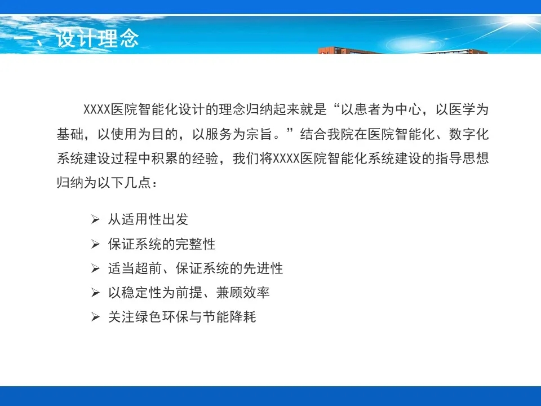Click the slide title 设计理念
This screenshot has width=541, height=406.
click(x=97, y=38)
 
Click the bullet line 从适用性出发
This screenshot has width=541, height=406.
click(x=148, y=219)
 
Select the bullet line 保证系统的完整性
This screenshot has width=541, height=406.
click(x=162, y=244)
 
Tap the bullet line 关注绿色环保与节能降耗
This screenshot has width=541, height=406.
click(x=182, y=316)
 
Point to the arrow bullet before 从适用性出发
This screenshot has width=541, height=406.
click(x=95, y=219)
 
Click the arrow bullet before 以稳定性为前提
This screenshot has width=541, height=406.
click(x=95, y=293)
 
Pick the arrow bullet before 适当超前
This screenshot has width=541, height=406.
click(x=95, y=268)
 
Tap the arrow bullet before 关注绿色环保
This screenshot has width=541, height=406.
click(x=95, y=316)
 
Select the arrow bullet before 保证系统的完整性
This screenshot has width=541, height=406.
click(x=95, y=244)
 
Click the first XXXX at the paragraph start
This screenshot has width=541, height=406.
click(x=97, y=109)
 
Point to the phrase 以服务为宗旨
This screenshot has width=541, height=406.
click(x=232, y=134)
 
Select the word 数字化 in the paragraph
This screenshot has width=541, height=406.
click(x=468, y=134)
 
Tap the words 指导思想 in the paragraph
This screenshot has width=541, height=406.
click(x=462, y=158)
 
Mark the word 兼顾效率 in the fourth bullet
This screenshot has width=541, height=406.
click(x=243, y=293)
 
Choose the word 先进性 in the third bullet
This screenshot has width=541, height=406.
click(x=263, y=268)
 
